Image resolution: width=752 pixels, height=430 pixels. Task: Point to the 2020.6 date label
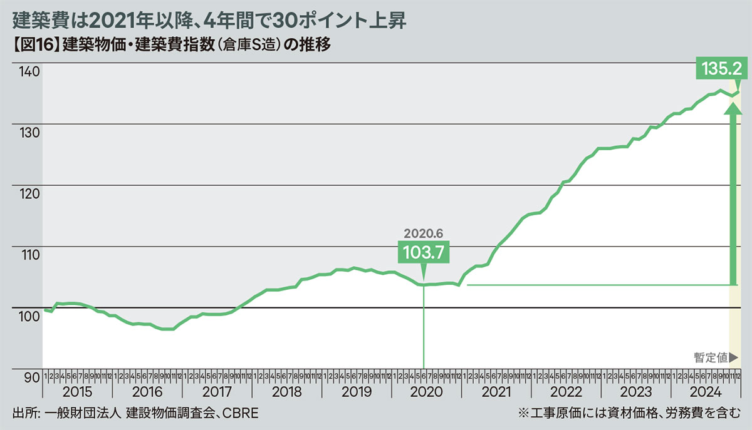[423, 233]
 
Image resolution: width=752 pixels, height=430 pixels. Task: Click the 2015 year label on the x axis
[78, 392]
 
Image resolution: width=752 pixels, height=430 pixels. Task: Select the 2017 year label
[217, 392]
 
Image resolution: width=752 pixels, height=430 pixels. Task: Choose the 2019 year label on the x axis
[357, 392]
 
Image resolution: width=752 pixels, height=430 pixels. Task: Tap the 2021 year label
[496, 392]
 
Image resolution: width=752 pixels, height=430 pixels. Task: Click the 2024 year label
[705, 392]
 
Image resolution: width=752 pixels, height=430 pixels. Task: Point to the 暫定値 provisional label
[711, 357]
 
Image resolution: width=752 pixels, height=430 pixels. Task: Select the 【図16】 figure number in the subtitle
[36, 46]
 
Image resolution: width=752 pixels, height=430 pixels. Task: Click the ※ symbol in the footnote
[523, 414]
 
